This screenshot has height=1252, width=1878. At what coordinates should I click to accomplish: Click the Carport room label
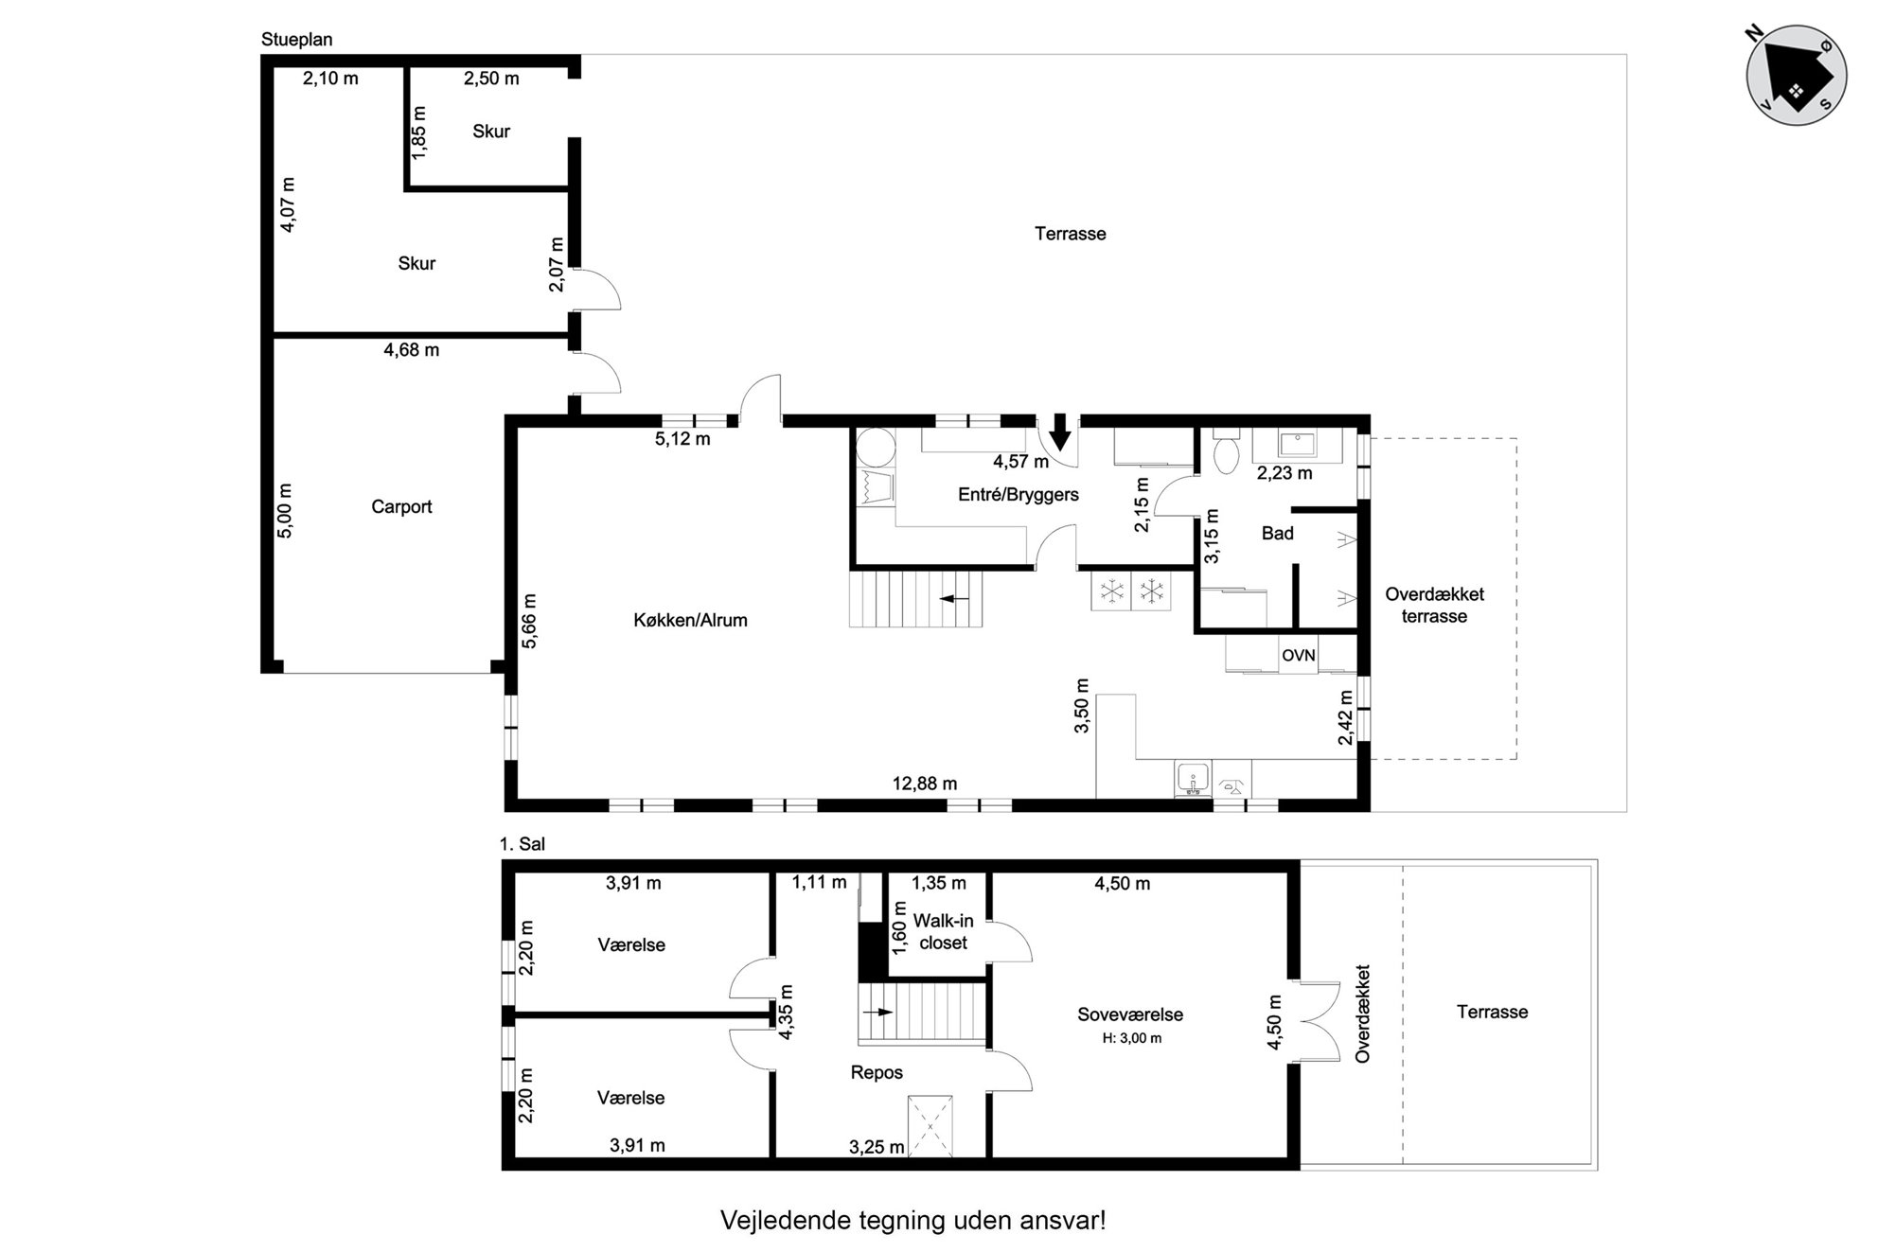coord(401,507)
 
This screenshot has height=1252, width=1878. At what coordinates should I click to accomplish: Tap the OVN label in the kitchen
coord(1299,655)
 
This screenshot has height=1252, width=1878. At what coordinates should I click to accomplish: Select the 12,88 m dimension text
coord(925,784)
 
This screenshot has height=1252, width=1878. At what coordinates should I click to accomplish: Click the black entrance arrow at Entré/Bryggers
coord(1060,432)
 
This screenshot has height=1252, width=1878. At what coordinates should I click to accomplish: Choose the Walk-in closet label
coord(944,932)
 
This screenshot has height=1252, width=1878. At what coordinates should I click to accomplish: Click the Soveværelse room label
coord(1130,1014)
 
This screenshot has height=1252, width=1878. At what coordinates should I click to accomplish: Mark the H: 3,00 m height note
coord(1132,1038)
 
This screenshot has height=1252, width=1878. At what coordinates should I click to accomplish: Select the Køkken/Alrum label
coord(690,621)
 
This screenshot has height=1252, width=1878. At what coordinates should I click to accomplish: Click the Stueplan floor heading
coord(297,40)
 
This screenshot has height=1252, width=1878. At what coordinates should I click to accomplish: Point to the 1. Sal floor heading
coord(523,844)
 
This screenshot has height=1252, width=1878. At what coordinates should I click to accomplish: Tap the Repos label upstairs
coord(877,1073)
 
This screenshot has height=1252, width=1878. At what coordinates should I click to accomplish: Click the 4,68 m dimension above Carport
coord(412,350)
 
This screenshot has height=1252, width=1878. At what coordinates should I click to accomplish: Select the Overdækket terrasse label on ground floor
coord(1434,606)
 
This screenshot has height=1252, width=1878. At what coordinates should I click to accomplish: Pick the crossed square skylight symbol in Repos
coord(930,1126)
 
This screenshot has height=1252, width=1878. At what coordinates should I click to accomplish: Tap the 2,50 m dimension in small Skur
coord(491,79)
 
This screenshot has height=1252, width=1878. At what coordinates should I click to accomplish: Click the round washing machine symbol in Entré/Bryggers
coord(876,449)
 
